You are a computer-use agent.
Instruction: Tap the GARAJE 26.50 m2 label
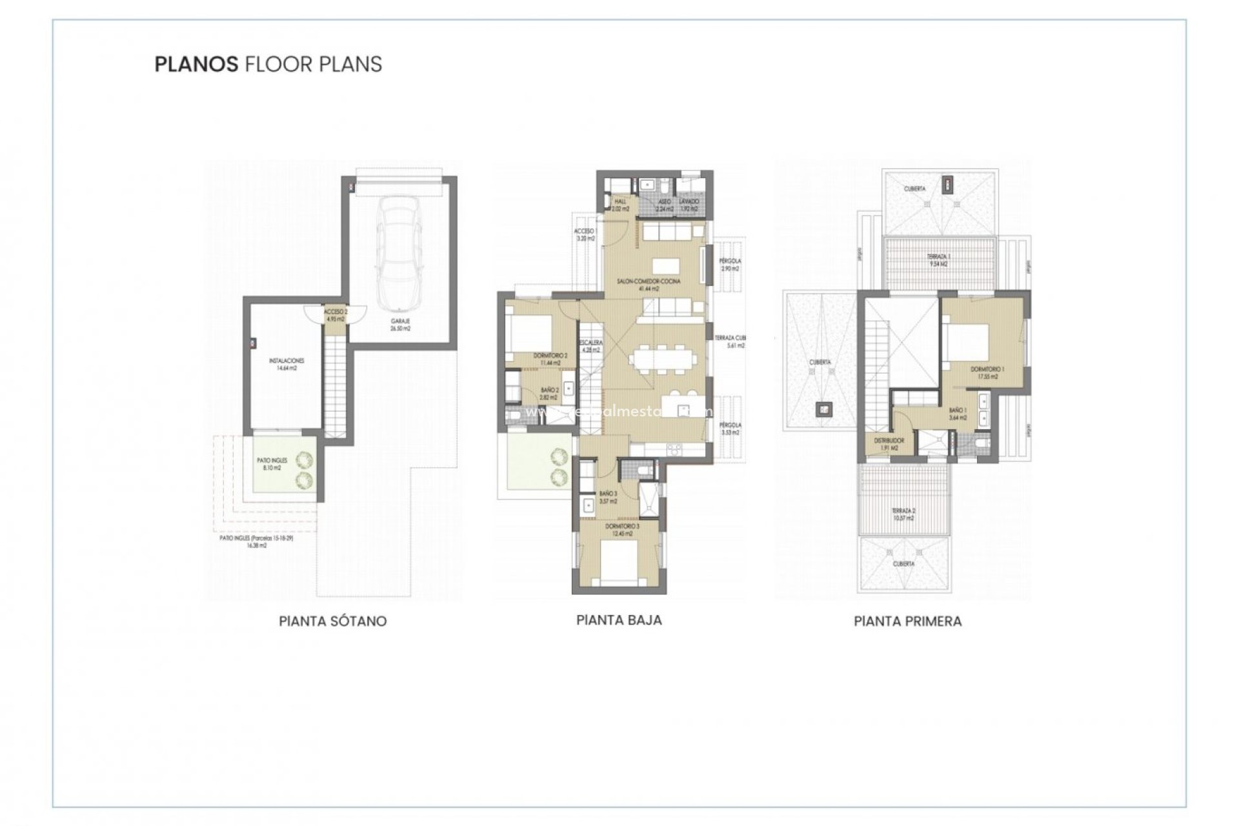pos(400,325)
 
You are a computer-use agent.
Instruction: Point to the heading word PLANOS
pos(196,65)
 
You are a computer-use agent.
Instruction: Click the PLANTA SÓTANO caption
pos(332,621)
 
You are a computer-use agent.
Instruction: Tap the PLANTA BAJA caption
pos(619,620)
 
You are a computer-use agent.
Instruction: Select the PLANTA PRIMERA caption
pos(907,621)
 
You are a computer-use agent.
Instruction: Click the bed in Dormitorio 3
pos(618,561)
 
